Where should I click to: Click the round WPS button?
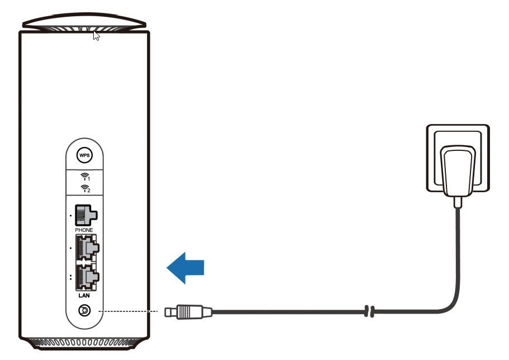click(x=84, y=155)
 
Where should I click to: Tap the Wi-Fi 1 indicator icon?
click(x=85, y=177)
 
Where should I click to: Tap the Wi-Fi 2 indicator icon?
click(x=85, y=188)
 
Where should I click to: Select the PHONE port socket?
click(x=86, y=215)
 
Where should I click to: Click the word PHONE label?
click(x=84, y=230)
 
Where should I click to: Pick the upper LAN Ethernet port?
click(x=87, y=248)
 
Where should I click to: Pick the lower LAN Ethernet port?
click(x=87, y=277)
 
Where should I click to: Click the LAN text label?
click(x=84, y=295)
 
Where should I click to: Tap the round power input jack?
click(x=85, y=311)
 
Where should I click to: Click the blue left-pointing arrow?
click(x=185, y=268)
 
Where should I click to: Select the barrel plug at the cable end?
click(x=188, y=312)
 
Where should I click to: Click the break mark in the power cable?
click(x=369, y=311)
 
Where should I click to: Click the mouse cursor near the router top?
click(x=96, y=36)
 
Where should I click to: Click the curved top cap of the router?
click(x=84, y=21)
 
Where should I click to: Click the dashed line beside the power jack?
click(x=128, y=311)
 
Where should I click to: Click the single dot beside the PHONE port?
click(x=71, y=215)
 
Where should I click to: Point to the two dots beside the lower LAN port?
click(x=71, y=277)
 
